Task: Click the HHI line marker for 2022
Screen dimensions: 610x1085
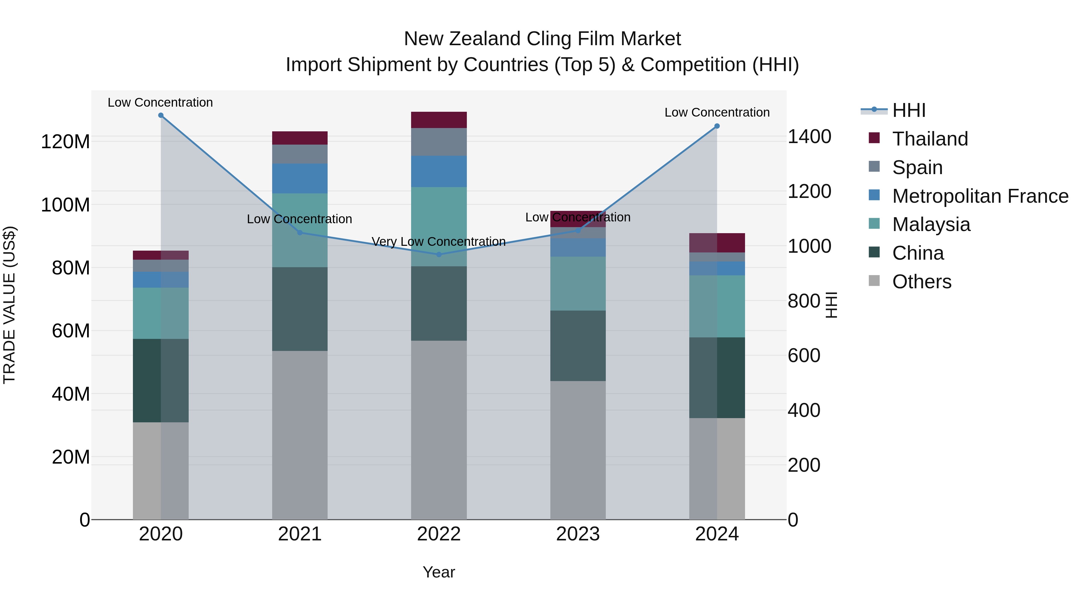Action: point(439,254)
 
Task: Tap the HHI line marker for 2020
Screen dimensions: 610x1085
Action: point(161,115)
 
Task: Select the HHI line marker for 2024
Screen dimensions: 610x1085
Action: point(717,126)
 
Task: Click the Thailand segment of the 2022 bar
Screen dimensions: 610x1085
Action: point(439,120)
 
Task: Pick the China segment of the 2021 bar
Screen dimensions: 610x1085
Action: point(300,309)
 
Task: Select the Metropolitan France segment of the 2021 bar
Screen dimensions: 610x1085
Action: point(300,179)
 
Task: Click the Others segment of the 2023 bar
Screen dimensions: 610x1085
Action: point(577,450)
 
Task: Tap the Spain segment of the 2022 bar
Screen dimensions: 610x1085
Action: point(439,142)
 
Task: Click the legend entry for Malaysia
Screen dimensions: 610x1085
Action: point(931,224)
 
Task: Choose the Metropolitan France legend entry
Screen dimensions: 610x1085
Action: point(980,196)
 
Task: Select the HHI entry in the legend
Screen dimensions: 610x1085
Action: point(908,110)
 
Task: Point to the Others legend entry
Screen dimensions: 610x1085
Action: point(922,282)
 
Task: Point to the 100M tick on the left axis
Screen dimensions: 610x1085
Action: point(65,205)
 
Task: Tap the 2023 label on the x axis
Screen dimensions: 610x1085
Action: point(577,534)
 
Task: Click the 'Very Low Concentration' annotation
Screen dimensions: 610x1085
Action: point(439,242)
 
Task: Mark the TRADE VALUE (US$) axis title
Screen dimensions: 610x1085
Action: point(9,305)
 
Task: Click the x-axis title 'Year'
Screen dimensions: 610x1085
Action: point(439,572)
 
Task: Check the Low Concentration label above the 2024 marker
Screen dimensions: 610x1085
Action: point(717,112)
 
